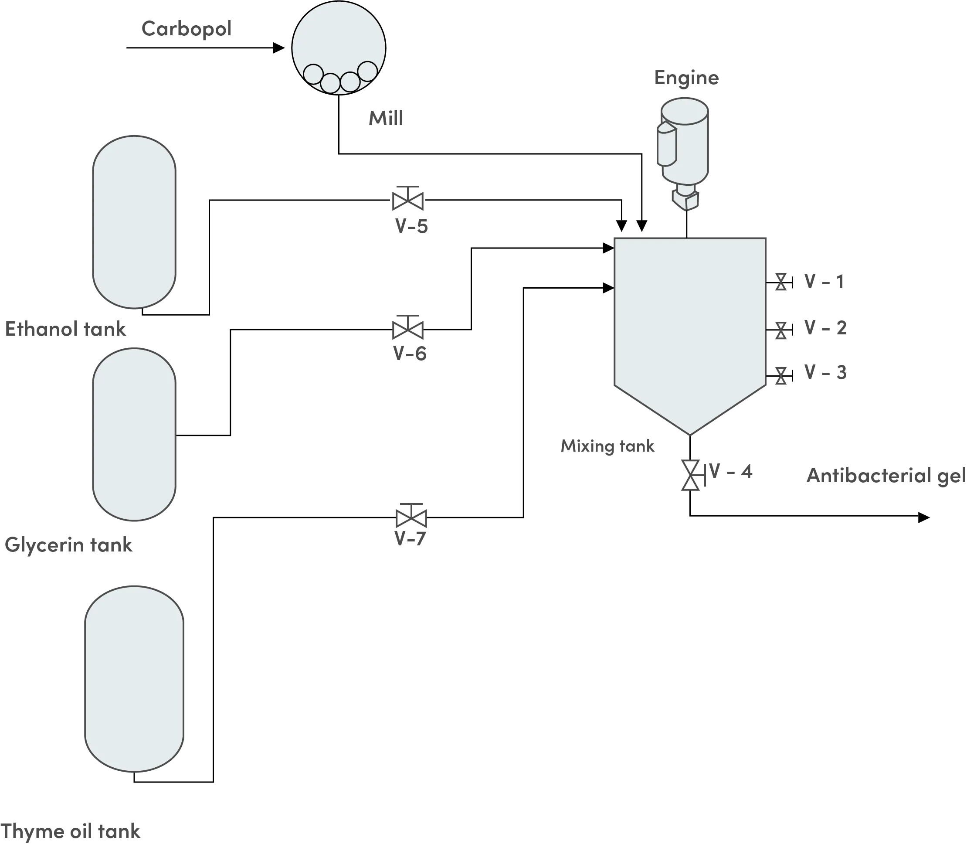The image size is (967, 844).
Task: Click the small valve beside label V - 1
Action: pyautogui.click(x=781, y=282)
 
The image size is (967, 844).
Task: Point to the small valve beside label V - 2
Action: pyautogui.click(x=781, y=330)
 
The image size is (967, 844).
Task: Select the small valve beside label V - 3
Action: pyautogui.click(x=781, y=375)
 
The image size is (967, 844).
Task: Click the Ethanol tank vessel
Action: pyautogui.click(x=134, y=222)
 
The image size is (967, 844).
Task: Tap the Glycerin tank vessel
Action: pyautogui.click(x=134, y=434)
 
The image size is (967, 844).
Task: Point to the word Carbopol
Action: pyautogui.click(x=187, y=29)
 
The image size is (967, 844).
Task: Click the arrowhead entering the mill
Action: pyautogui.click(x=279, y=48)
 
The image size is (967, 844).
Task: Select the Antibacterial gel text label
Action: pyautogui.click(x=886, y=476)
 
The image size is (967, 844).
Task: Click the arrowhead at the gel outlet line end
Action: pyautogui.click(x=924, y=517)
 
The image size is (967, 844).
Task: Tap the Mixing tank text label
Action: pyautogui.click(x=607, y=446)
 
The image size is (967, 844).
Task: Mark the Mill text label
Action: pyautogui.click(x=386, y=118)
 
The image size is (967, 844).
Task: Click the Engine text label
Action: pyautogui.click(x=686, y=78)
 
